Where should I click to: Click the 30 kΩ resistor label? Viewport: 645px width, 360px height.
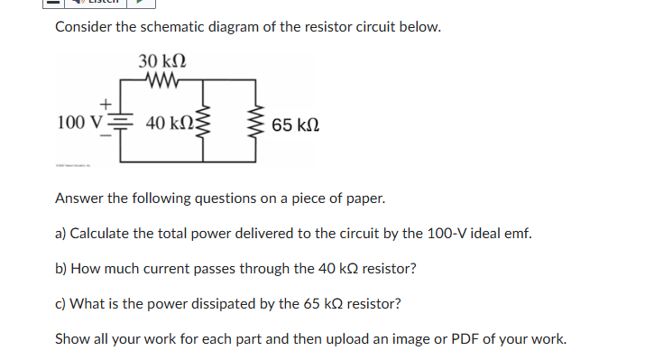(x=162, y=61)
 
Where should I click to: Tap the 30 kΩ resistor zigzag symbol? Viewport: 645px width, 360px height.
(x=162, y=81)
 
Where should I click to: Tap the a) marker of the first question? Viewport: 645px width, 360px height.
(x=61, y=234)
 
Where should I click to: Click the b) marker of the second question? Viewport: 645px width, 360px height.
(x=61, y=269)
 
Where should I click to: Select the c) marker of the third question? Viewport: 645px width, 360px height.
(x=60, y=304)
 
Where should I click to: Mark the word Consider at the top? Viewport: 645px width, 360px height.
(x=84, y=26)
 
